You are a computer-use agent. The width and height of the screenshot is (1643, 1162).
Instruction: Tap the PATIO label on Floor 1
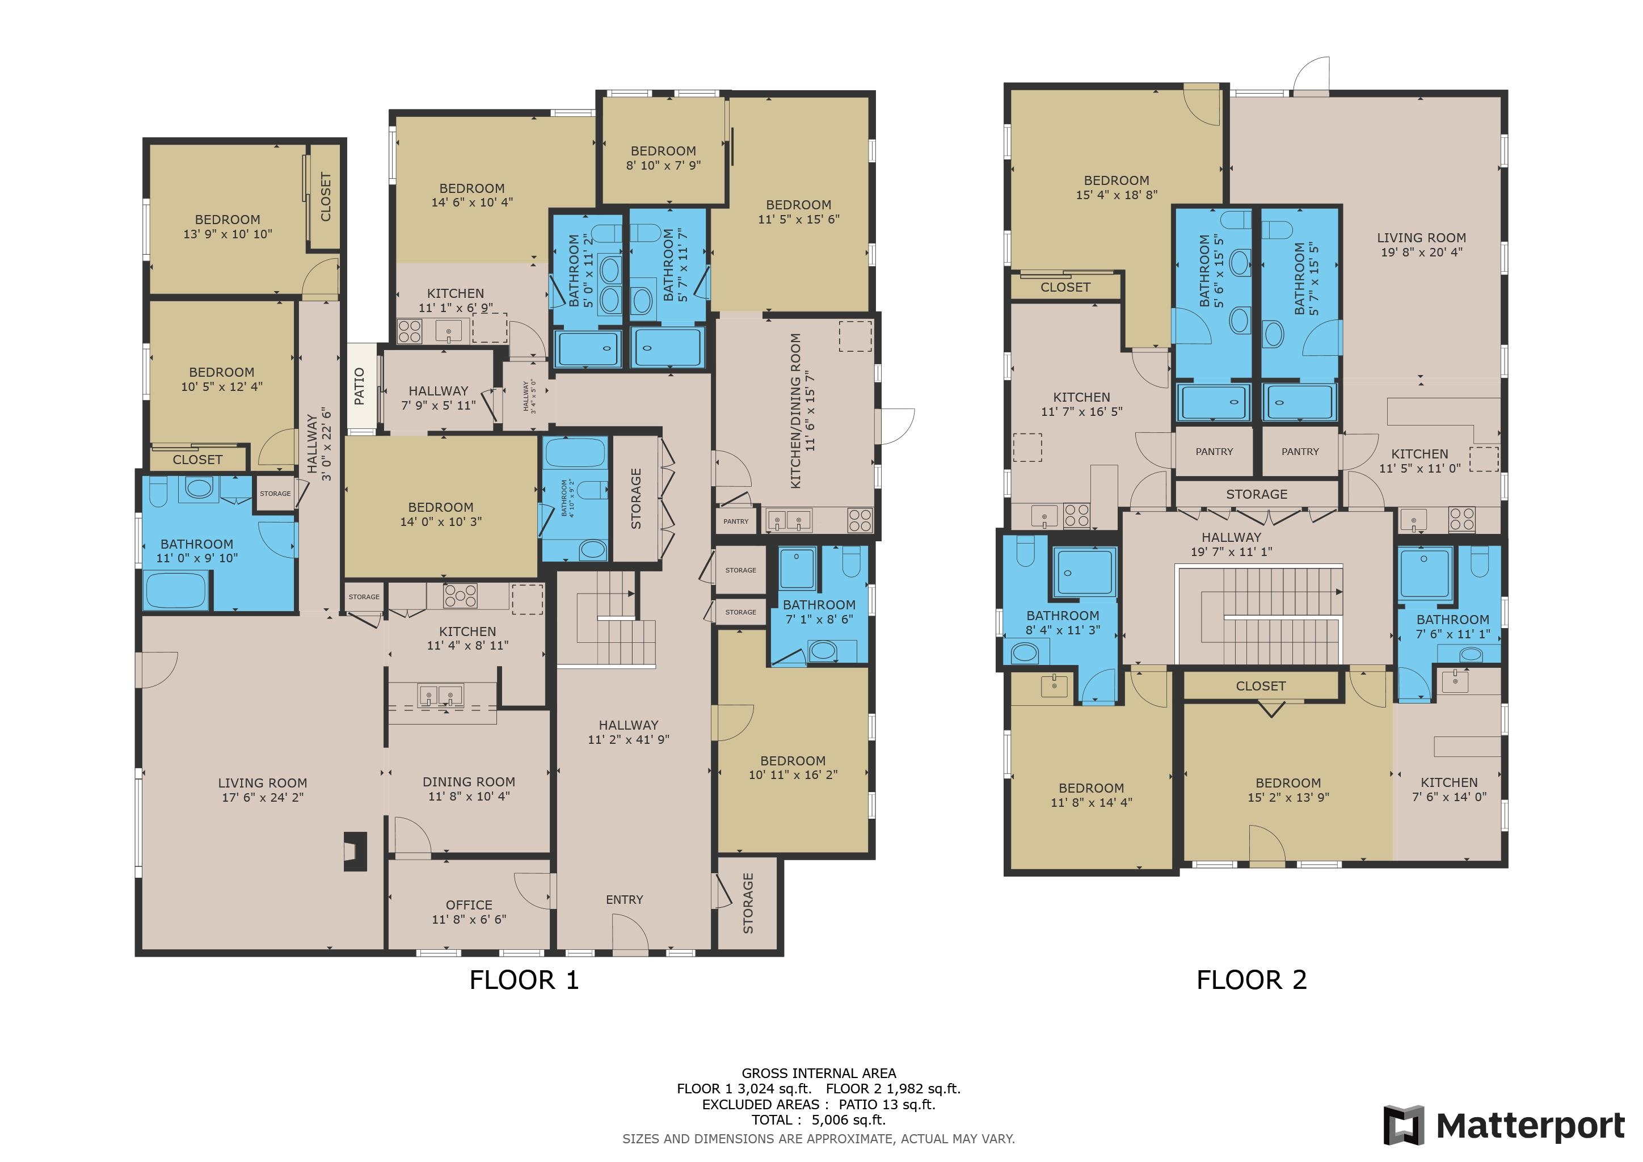point(359,386)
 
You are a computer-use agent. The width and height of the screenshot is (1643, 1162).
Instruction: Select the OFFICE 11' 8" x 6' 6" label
point(469,912)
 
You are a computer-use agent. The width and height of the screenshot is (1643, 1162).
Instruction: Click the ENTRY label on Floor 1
point(624,899)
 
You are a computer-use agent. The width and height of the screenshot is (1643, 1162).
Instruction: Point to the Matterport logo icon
point(1403,1126)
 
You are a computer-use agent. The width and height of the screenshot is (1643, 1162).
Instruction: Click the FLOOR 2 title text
point(1251,979)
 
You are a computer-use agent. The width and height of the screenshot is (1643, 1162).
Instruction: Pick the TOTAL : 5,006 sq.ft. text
point(818,1120)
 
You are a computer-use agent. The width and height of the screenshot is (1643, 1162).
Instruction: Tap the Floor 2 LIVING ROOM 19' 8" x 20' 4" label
point(1421,245)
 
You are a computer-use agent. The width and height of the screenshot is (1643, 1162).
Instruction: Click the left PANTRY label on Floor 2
point(1214,452)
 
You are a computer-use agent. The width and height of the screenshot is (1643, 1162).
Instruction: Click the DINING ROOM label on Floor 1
point(469,782)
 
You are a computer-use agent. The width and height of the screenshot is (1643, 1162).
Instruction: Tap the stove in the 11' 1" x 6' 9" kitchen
point(409,331)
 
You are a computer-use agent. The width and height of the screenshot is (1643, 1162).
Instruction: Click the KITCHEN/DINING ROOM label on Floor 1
point(796,411)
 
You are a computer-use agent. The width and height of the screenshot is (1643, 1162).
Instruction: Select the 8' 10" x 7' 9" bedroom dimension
point(663,165)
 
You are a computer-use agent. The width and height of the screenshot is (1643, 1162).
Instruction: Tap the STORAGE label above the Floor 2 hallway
point(1256,494)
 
